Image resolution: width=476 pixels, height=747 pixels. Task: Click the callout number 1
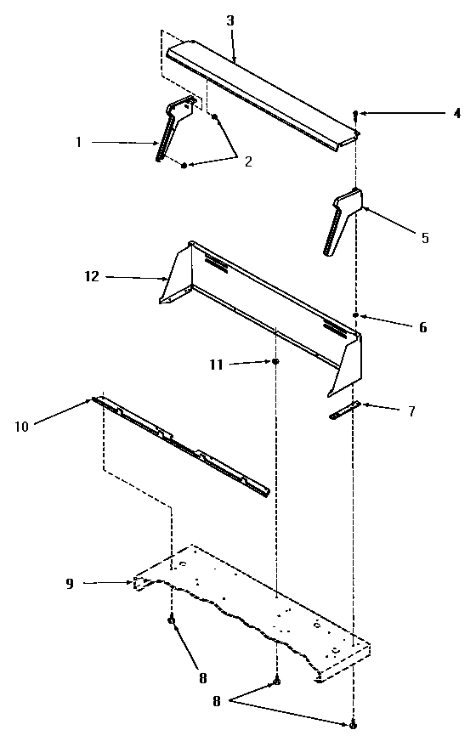click(79, 142)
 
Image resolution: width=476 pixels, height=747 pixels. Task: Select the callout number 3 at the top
click(230, 21)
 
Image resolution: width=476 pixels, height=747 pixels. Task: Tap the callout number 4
click(457, 113)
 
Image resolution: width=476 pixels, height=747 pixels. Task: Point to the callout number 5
click(425, 237)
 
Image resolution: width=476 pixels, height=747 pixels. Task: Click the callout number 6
click(422, 327)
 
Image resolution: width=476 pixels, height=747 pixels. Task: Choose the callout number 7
click(411, 410)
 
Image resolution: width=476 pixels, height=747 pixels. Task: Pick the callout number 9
click(70, 584)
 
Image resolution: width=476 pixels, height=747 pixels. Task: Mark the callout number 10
click(22, 427)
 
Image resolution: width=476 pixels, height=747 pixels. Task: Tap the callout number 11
click(216, 365)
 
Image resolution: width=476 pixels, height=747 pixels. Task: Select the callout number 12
click(92, 276)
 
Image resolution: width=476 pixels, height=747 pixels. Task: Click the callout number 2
click(248, 161)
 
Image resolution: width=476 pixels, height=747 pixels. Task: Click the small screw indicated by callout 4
click(355, 115)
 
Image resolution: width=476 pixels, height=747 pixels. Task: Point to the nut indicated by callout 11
click(275, 362)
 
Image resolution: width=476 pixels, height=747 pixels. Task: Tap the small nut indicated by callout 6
click(355, 315)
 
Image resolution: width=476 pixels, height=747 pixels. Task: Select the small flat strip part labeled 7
click(344, 410)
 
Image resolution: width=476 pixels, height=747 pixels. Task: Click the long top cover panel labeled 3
click(263, 94)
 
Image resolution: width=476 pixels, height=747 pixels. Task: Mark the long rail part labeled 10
click(181, 446)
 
